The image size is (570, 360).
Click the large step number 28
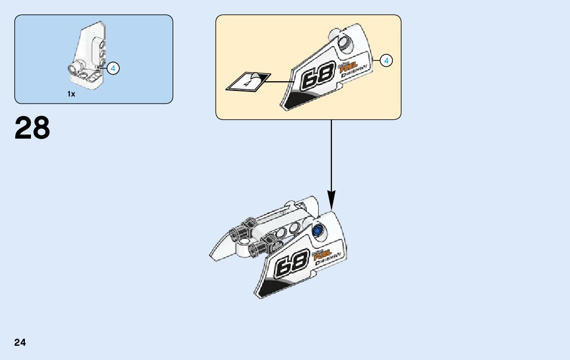[32, 128]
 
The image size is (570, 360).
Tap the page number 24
[20, 342]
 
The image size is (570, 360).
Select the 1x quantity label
[71, 94]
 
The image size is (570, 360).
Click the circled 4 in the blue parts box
[113, 68]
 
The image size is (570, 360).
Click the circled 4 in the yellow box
[387, 61]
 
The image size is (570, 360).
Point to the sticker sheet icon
[247, 81]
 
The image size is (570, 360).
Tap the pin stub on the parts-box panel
[75, 67]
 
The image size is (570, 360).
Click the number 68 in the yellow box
[318, 76]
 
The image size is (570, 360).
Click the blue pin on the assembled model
[319, 230]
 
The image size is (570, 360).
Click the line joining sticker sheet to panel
[278, 81]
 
